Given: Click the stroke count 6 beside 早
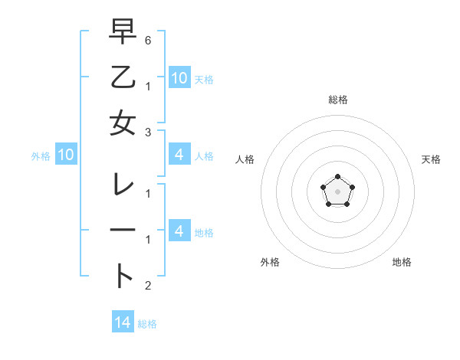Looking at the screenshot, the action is [x=148, y=39].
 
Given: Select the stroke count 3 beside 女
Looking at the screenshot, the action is [x=148, y=132].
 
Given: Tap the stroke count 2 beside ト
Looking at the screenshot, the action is [x=148, y=286].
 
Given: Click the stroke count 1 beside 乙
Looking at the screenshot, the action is [x=148, y=86].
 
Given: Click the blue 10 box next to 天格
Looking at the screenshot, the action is [x=179, y=77].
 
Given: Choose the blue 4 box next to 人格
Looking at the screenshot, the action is [x=179, y=155].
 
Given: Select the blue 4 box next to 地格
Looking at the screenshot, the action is [x=179, y=231].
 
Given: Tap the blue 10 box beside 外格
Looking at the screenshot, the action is [x=66, y=155].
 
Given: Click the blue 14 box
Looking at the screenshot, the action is [x=123, y=322].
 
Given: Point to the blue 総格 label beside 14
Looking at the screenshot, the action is [x=147, y=324].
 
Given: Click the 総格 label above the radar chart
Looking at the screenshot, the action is [x=337, y=100].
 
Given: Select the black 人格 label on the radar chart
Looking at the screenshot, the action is [x=245, y=159].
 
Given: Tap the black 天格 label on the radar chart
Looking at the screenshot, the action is [x=431, y=159].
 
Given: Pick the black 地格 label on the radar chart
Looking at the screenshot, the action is [x=402, y=262].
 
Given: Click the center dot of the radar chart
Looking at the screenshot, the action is [x=337, y=191].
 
